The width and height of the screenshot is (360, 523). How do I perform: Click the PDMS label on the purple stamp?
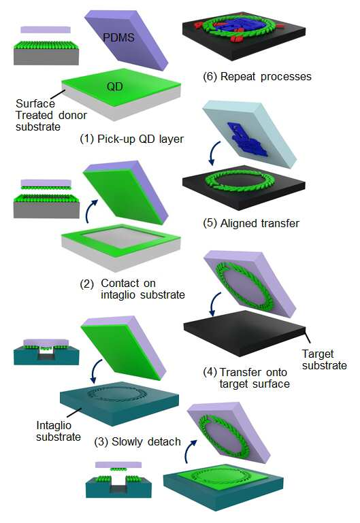pos(118,37)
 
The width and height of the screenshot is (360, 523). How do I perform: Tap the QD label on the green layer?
pos(115,87)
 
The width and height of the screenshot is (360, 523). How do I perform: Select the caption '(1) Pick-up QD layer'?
pos(132,139)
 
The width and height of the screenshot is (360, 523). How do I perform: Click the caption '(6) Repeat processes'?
pos(257,76)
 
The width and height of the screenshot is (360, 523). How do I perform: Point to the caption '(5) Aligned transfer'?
pos(251,223)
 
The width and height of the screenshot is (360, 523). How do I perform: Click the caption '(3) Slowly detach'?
pos(137,441)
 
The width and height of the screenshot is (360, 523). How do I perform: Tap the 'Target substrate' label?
pos(325,360)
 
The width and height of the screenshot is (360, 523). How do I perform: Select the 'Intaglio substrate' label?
pos(59,431)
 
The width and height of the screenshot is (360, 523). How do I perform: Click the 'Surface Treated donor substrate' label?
pos(51,115)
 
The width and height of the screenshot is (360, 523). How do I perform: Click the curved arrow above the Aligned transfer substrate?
pos(214,153)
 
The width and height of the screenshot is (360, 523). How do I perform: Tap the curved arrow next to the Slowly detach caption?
pos(189,451)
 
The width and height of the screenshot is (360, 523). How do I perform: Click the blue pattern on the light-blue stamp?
pos(246,139)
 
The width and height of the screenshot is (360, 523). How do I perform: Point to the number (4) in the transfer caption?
pos(210,372)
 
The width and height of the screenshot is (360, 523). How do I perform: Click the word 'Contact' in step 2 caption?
pos(118,283)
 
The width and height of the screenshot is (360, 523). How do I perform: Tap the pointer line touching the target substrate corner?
pos(308,336)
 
